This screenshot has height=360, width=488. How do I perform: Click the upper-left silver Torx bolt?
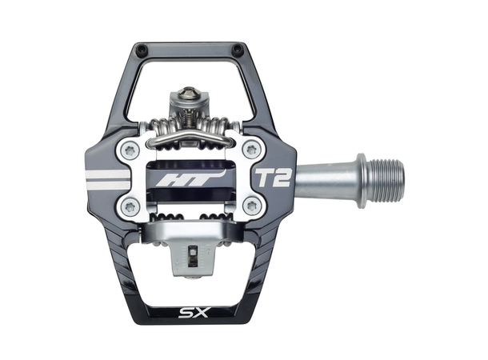[129, 150]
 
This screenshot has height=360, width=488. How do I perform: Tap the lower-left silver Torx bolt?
[129, 207]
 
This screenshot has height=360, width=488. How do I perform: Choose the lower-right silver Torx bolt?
[251, 207]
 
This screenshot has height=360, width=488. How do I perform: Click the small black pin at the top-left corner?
[142, 50]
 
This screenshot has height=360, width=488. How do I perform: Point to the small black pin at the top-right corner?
[238, 50]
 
